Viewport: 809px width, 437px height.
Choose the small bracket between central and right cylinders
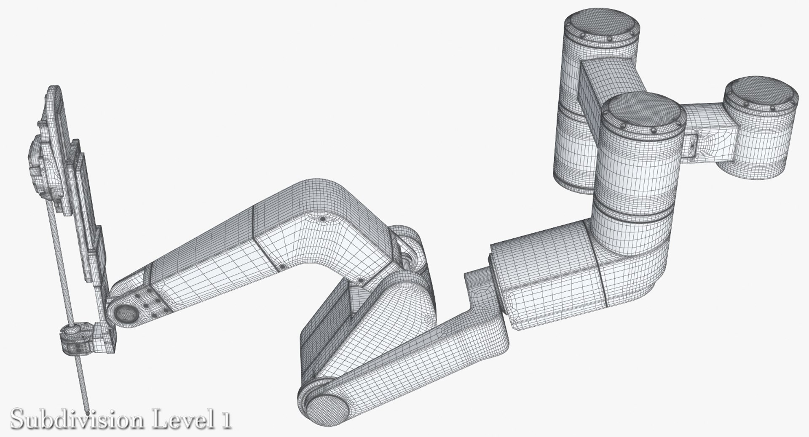click(693, 145)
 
